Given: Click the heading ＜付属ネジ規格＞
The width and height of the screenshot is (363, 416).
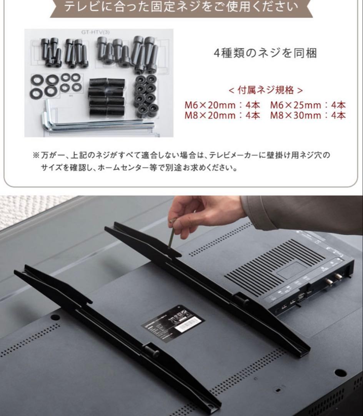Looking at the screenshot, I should pyautogui.click(x=265, y=90).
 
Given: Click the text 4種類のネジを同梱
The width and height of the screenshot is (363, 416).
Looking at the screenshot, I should pyautogui.click(x=265, y=53).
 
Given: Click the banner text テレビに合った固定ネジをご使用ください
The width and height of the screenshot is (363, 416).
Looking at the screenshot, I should pyautogui.click(x=181, y=7).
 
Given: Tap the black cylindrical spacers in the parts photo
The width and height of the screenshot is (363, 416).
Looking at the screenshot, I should pyautogui.click(x=107, y=97).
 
